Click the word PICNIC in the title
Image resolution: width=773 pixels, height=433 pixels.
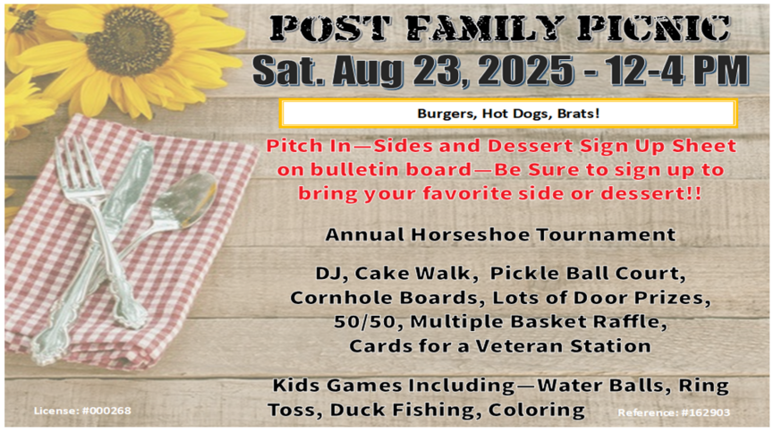click(x=654, y=28)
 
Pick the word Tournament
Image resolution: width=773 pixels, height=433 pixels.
click(x=606, y=233)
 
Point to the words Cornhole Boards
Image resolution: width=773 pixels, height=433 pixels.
click(x=384, y=297)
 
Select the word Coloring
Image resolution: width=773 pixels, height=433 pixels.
click(x=537, y=410)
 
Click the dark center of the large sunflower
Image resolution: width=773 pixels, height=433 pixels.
click(x=129, y=41)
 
